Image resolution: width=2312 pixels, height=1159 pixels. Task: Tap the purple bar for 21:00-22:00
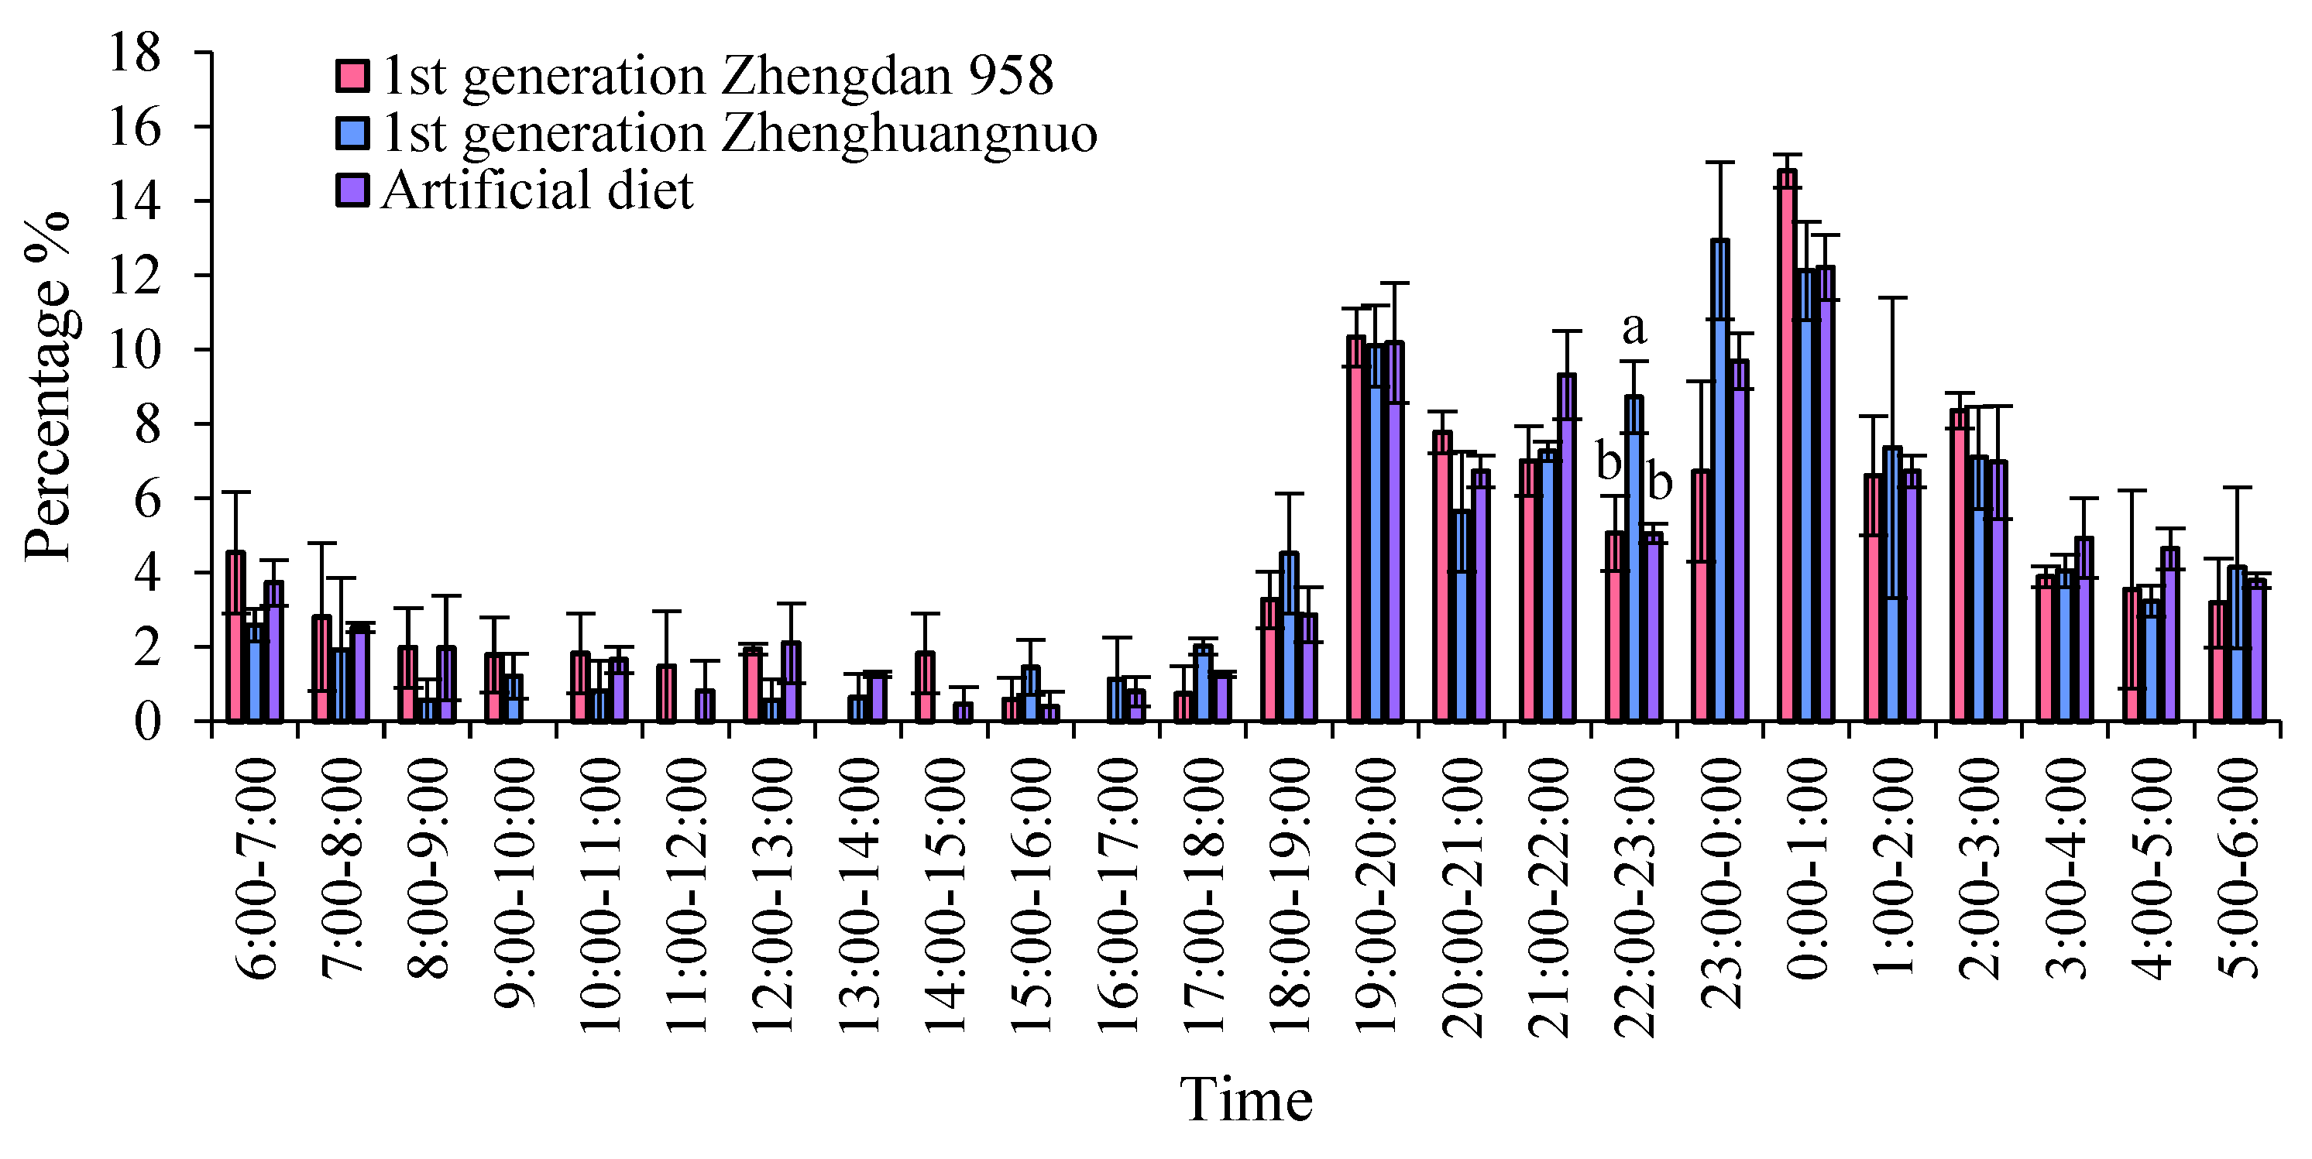1567,548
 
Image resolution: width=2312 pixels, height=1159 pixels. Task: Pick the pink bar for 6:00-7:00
235,637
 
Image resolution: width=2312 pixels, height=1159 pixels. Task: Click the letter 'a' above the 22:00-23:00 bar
1634,329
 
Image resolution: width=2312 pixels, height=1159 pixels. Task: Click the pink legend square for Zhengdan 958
352,76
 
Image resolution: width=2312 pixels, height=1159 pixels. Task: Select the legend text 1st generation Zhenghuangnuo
739,134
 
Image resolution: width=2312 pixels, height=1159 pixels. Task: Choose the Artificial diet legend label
537,191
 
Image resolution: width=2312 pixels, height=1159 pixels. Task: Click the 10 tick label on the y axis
135,350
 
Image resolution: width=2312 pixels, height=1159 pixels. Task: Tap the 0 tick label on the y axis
148,722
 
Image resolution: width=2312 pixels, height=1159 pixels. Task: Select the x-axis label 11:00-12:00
686,897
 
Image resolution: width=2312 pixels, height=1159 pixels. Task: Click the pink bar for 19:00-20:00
1356,530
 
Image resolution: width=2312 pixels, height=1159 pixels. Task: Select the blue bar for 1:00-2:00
1892,584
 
